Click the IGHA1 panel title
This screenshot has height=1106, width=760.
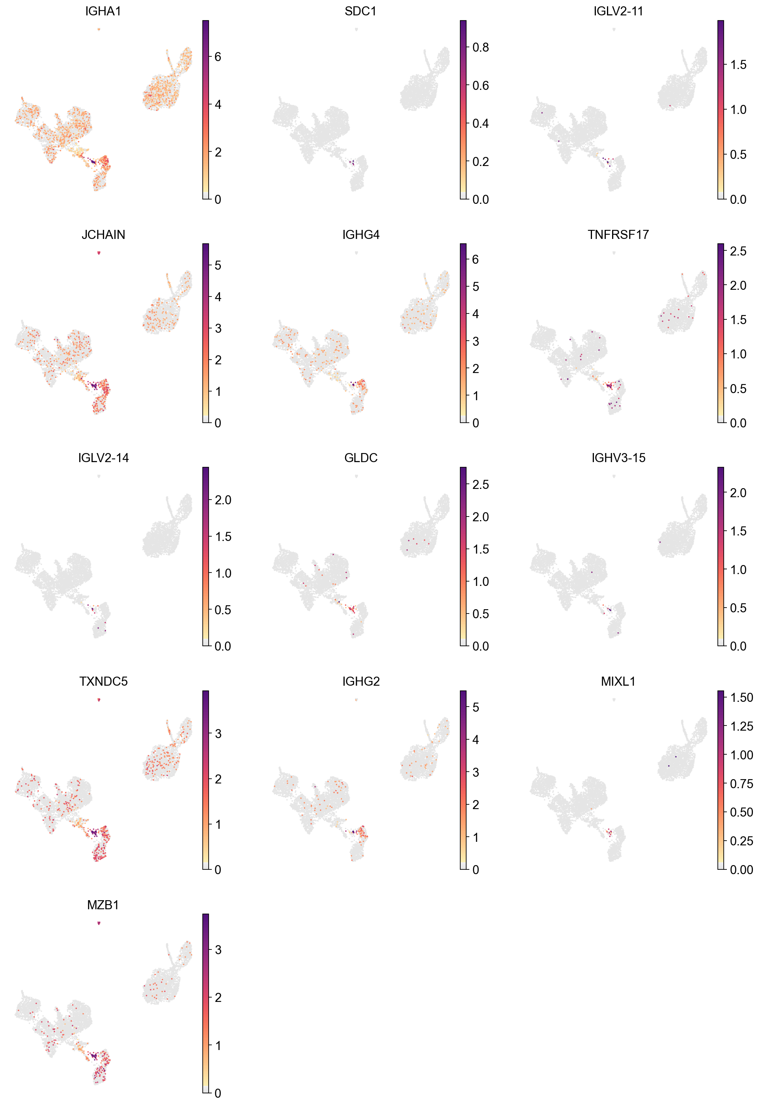(103, 11)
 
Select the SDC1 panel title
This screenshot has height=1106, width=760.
(360, 11)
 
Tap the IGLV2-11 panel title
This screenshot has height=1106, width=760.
(618, 11)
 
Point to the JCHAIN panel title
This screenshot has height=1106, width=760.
(103, 235)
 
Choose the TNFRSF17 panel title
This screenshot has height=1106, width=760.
(618, 235)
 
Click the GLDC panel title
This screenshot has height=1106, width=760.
(360, 458)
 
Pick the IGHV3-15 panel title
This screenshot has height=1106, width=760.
(618, 458)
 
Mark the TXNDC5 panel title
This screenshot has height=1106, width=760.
(103, 681)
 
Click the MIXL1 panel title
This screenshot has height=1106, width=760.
(618, 681)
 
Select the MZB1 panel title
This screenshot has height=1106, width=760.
(103, 905)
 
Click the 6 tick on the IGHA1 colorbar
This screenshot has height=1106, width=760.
(218, 57)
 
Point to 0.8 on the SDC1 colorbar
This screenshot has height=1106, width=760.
(480, 47)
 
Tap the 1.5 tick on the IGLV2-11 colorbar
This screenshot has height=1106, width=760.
(738, 65)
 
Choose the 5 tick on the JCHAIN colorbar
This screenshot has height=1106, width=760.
(218, 265)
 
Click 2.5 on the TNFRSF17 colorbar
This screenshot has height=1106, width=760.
(738, 251)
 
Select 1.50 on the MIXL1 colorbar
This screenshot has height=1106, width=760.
(741, 698)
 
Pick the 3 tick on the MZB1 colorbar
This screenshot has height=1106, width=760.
(218, 950)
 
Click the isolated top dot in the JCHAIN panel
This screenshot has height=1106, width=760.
(99, 253)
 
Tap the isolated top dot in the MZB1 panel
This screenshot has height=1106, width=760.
(99, 923)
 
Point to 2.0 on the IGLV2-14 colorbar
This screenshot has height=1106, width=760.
(222, 500)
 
